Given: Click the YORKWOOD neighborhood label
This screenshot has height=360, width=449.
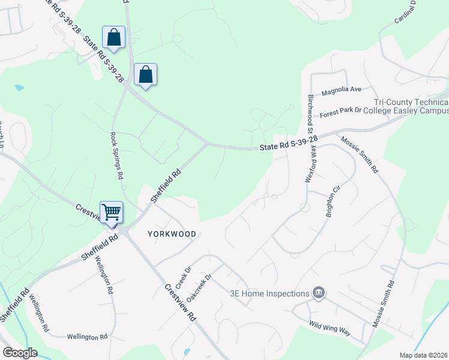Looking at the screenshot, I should (172, 233).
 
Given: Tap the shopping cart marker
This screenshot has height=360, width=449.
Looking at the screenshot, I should (111, 212).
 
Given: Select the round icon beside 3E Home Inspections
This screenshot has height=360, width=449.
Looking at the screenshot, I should (319, 293).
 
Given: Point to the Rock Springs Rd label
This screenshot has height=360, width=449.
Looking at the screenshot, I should (117, 156).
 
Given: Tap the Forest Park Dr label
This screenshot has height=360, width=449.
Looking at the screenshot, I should (341, 110).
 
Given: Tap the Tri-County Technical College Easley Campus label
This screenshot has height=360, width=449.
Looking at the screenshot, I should (411, 107).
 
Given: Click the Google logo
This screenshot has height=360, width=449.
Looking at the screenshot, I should (20, 353).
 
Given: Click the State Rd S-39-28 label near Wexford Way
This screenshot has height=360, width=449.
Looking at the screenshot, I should (288, 143).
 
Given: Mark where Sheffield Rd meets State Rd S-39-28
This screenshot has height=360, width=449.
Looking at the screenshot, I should (208, 143).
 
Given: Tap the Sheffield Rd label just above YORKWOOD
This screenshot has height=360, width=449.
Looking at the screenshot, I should (166, 186).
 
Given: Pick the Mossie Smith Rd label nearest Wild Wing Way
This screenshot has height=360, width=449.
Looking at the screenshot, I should (384, 304).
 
